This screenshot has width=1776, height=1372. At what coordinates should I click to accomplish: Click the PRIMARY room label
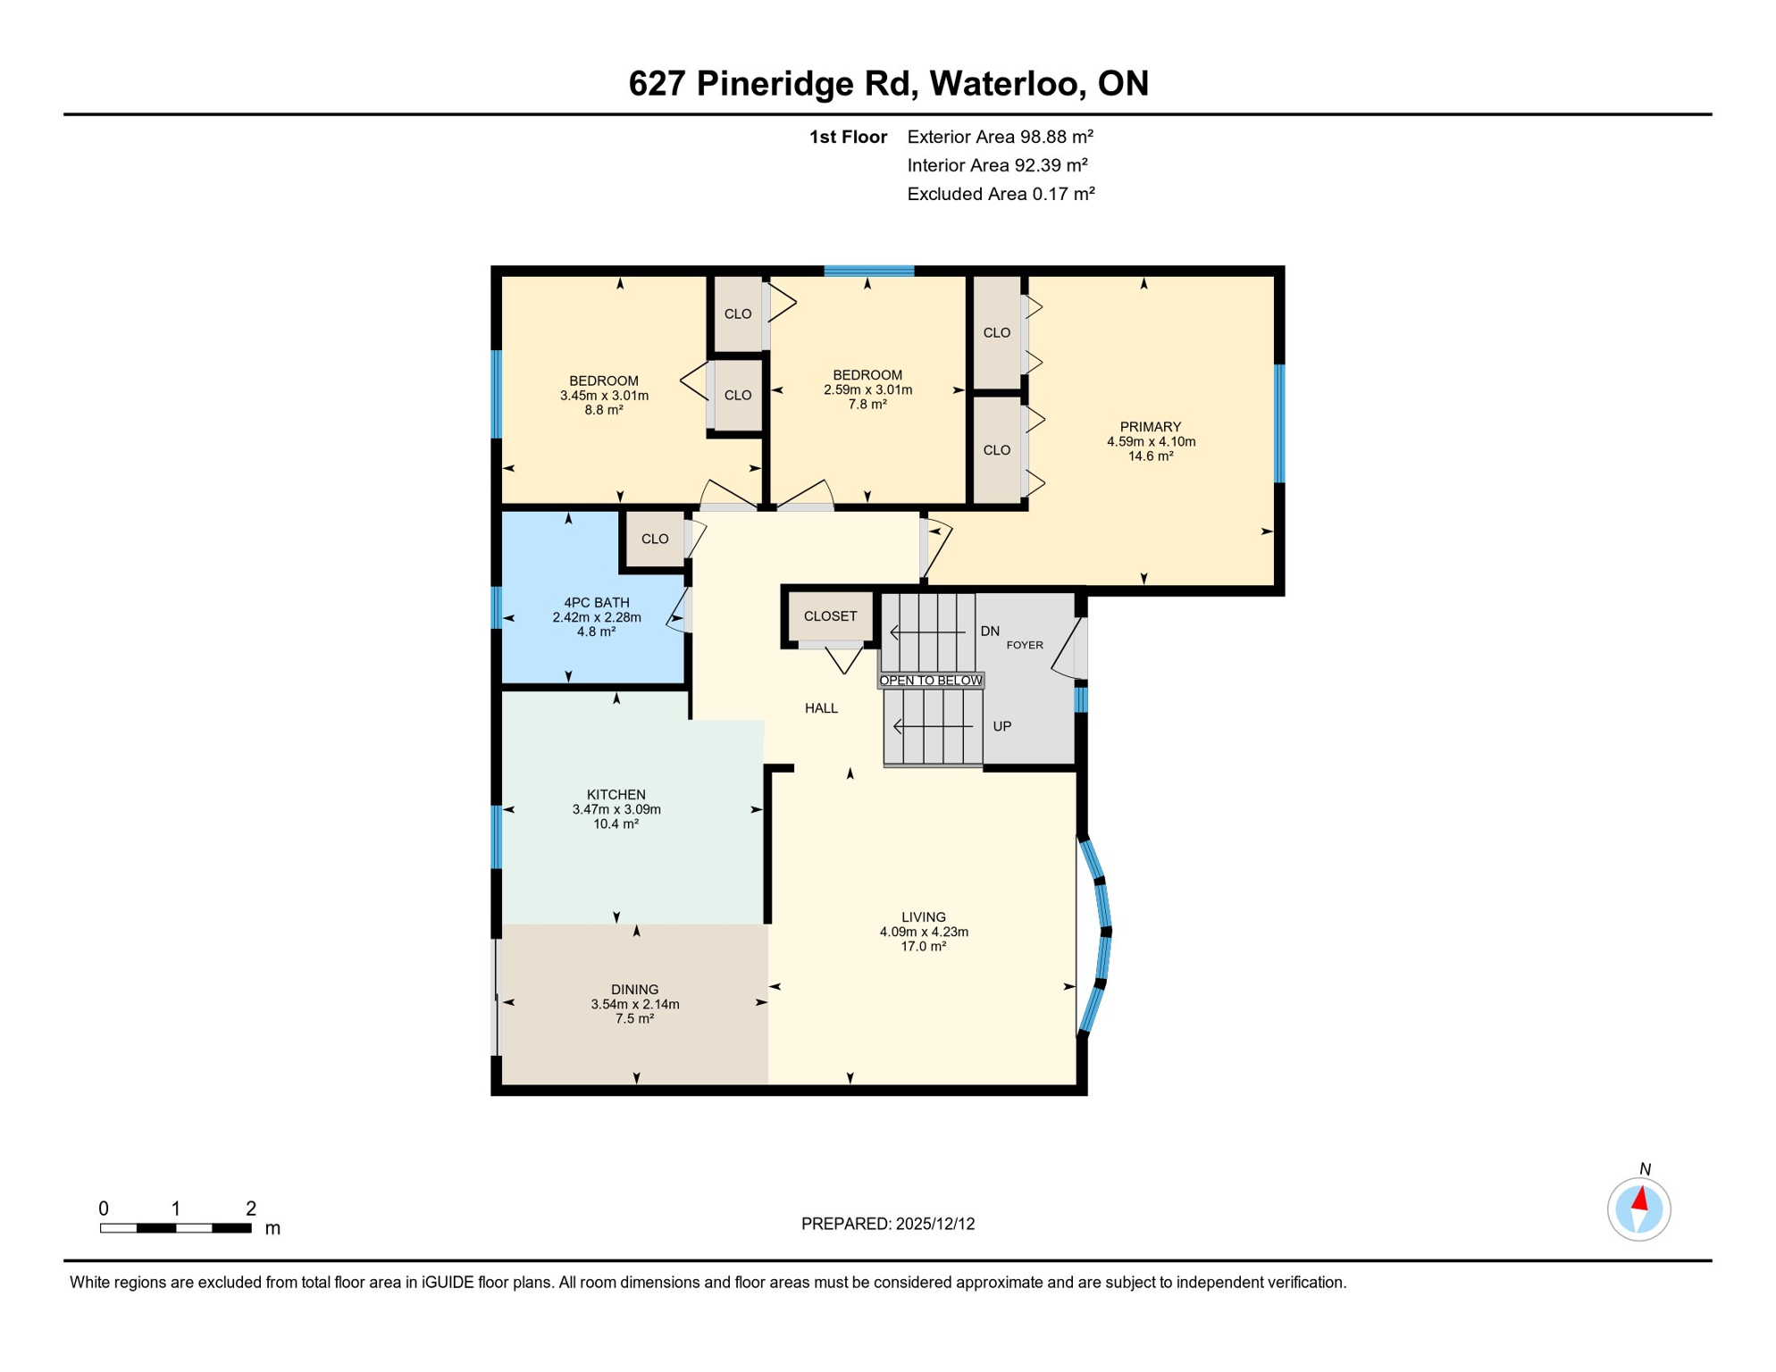pyautogui.click(x=1151, y=427)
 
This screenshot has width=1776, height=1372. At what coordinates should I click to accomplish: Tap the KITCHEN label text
pyautogui.click(x=616, y=794)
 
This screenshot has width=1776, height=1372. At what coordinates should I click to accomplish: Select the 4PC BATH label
pyautogui.click(x=596, y=602)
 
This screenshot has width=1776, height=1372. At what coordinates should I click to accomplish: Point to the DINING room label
pyautogui.click(x=634, y=989)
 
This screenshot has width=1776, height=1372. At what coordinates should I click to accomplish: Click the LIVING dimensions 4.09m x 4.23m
pyautogui.click(x=923, y=932)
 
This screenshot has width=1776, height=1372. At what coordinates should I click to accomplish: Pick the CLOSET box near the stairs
pyautogui.click(x=830, y=616)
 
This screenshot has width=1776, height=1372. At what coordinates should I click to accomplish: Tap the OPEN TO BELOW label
pyautogui.click(x=930, y=681)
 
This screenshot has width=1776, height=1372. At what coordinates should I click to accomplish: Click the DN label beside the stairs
pyautogui.click(x=990, y=632)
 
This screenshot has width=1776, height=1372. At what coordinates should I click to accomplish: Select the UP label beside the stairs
pyautogui.click(x=1001, y=726)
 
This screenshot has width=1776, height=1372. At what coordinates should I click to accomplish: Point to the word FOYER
pyautogui.click(x=1025, y=645)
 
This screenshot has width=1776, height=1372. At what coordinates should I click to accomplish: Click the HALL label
pyautogui.click(x=821, y=708)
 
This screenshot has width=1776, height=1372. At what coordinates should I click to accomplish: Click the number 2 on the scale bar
pyautogui.click(x=251, y=1209)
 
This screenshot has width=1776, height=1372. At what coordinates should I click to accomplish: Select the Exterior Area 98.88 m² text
pyautogui.click(x=1000, y=137)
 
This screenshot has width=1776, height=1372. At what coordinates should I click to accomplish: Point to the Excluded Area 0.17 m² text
pyautogui.click(x=1001, y=194)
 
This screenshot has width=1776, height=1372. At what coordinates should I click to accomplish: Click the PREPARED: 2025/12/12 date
pyautogui.click(x=887, y=1224)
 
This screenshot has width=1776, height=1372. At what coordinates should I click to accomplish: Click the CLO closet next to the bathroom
pyautogui.click(x=655, y=539)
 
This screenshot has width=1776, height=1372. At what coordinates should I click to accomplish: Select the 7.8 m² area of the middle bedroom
pyautogui.click(x=867, y=405)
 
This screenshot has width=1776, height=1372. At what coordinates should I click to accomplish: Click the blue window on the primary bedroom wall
pyautogui.click(x=1278, y=422)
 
